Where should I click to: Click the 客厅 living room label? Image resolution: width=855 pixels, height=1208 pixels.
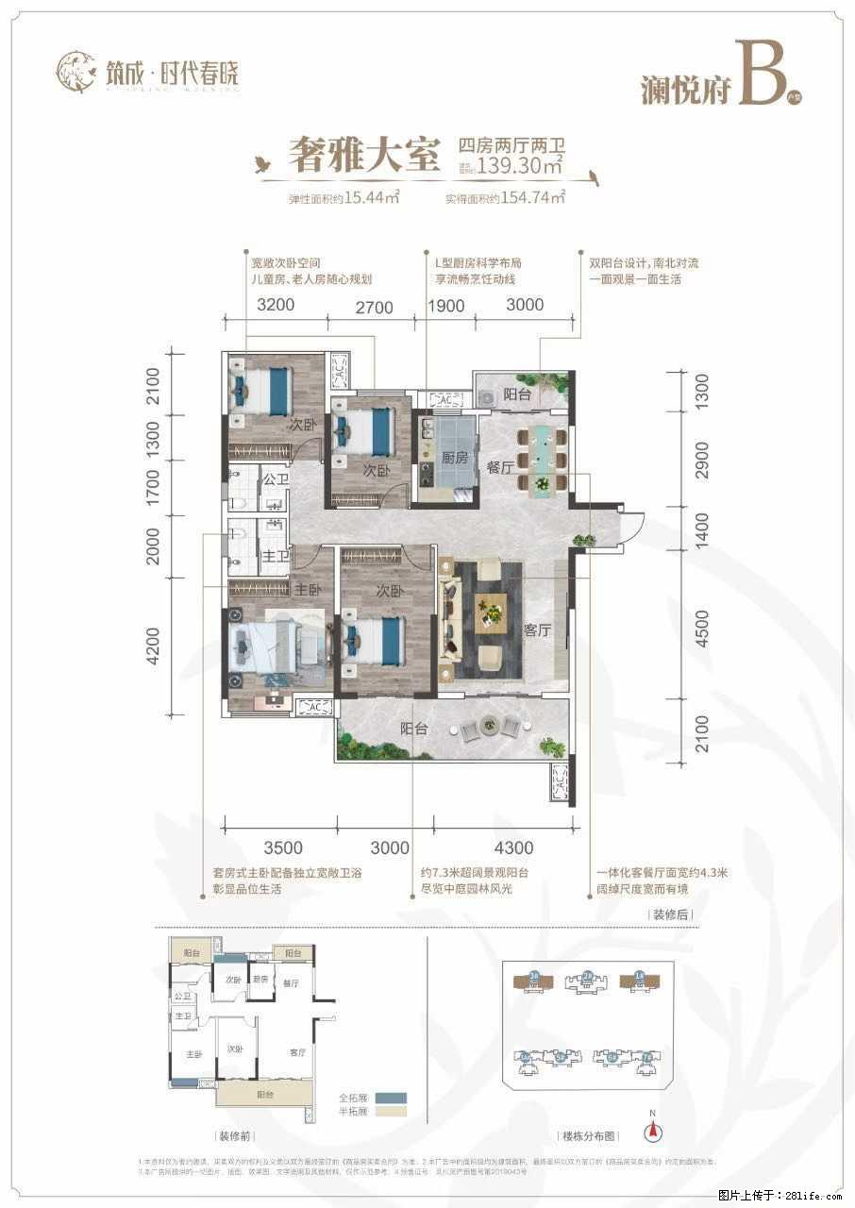coord(537,630)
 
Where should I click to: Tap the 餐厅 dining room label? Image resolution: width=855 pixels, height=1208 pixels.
coord(499,468)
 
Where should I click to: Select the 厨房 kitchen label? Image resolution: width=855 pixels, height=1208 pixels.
coord(456,458)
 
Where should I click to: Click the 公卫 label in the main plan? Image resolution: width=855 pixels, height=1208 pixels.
coord(276,481)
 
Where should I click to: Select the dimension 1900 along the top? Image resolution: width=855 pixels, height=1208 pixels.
coord(446,304)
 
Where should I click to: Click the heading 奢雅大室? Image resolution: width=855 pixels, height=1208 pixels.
coord(362,155)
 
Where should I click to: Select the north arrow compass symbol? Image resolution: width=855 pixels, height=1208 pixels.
coord(650,1132)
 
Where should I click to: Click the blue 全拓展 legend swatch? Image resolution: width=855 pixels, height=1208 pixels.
coord(389,1098)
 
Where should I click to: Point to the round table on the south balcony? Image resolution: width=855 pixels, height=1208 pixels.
coord(489,725)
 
